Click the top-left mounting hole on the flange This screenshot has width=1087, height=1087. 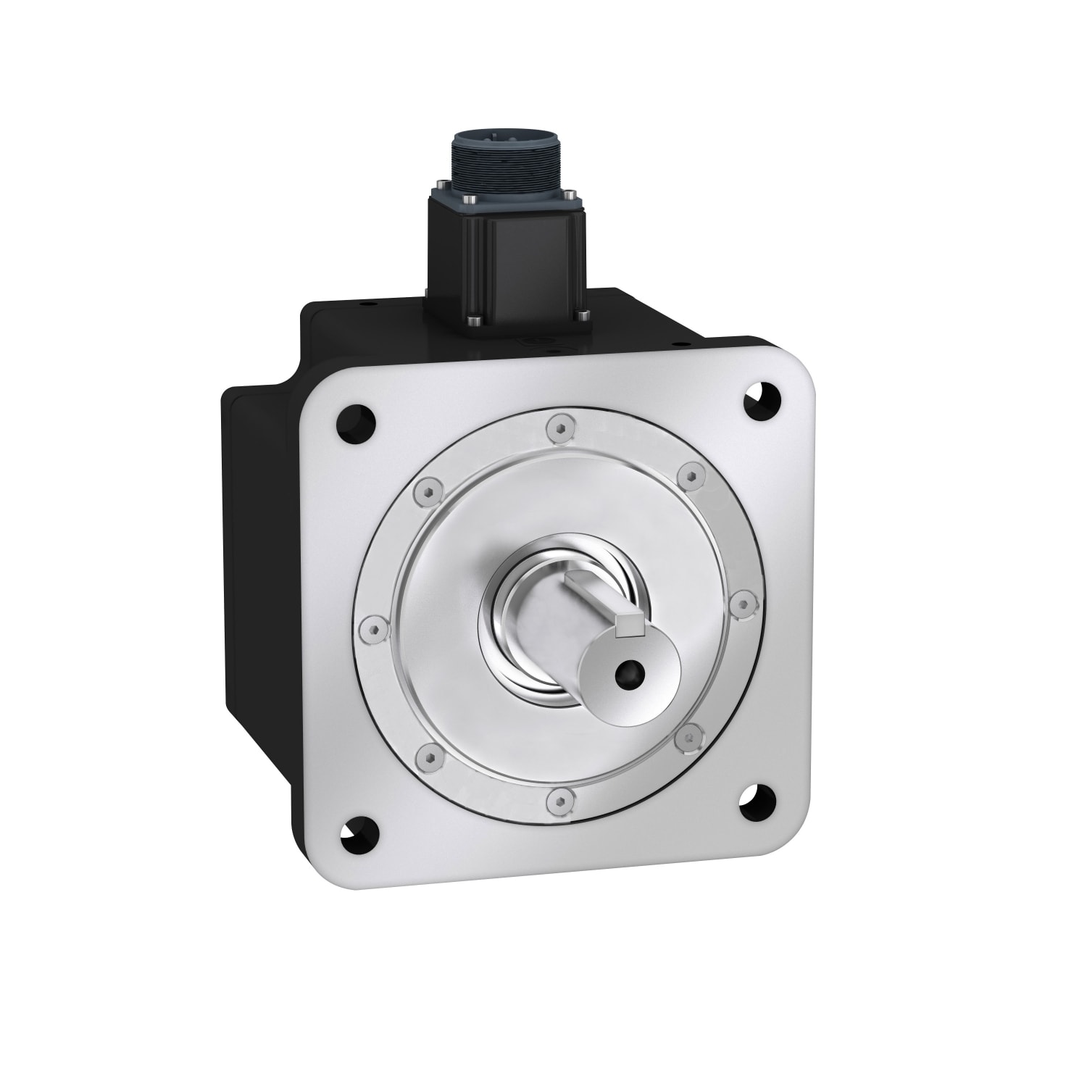click(357, 420)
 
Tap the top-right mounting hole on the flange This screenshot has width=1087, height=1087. click(763, 399)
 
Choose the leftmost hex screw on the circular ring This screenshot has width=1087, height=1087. click(372, 629)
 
